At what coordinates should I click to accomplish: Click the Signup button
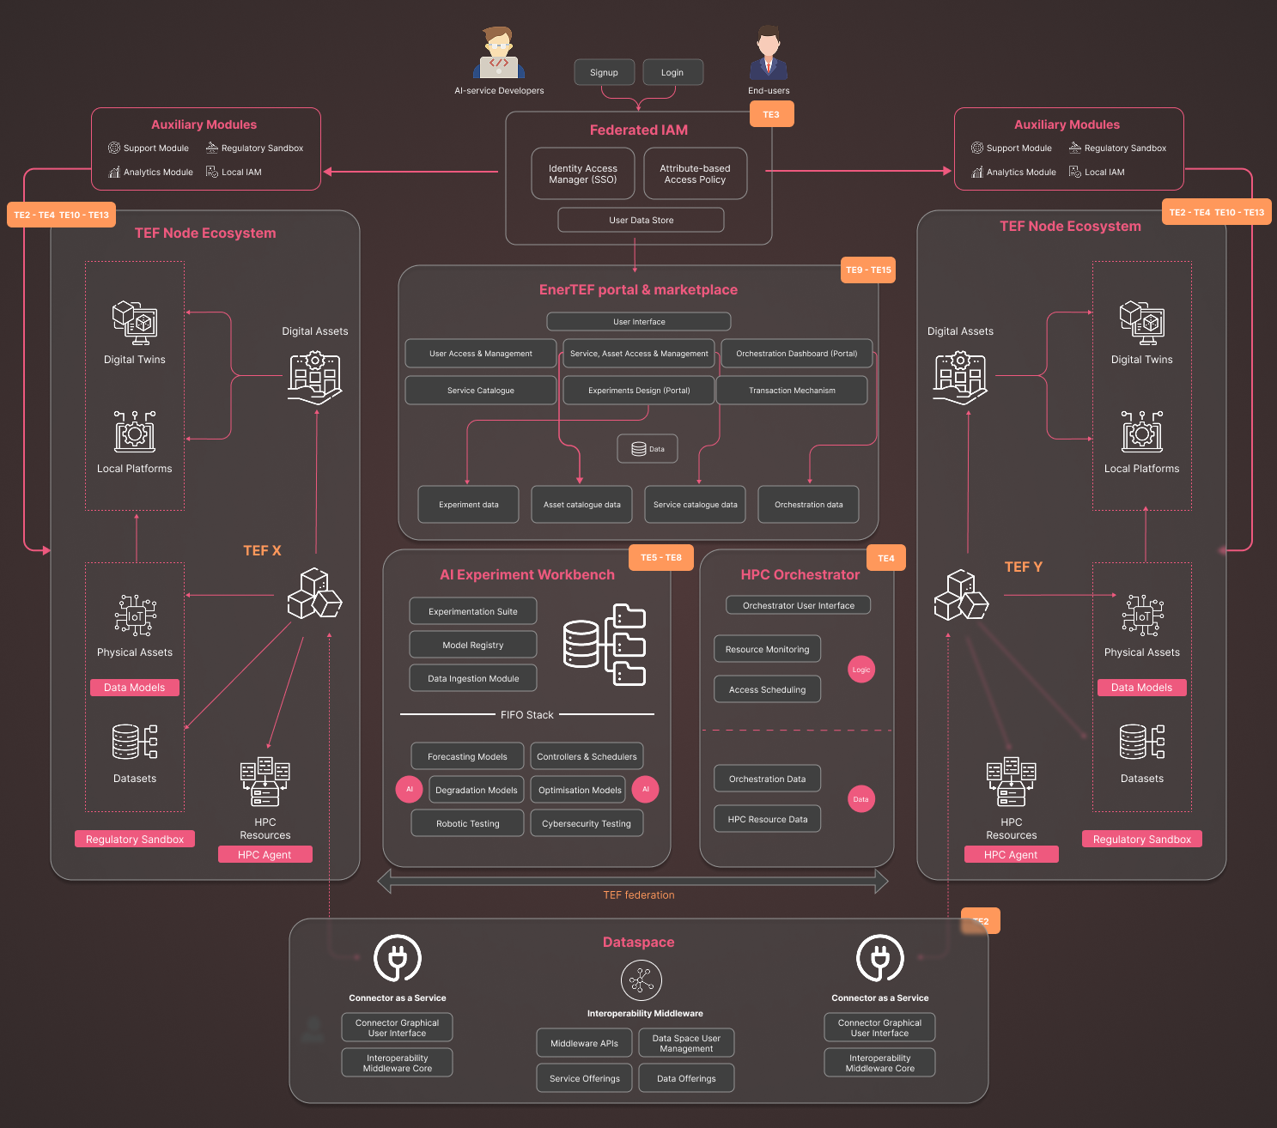(604, 72)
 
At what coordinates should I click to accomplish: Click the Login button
(672, 72)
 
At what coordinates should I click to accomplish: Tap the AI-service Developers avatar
(499, 52)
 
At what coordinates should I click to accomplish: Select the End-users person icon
(769, 52)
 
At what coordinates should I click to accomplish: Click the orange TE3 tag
(771, 115)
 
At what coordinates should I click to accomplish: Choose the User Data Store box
(641, 220)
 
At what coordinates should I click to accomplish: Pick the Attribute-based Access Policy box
(696, 174)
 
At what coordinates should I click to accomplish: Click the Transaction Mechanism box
(793, 391)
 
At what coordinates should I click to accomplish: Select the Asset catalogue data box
(581, 505)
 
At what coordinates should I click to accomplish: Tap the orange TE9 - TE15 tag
(868, 270)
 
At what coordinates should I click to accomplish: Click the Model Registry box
(472, 645)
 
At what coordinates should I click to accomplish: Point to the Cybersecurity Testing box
(587, 823)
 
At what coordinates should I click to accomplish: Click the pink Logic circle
(861, 670)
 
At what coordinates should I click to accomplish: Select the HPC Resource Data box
(767, 819)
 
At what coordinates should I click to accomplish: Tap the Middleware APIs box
(584, 1044)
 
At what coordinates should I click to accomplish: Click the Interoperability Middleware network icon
(641, 980)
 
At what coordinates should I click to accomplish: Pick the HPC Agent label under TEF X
(265, 854)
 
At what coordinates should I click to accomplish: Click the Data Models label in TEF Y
(1141, 688)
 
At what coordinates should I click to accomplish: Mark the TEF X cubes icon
(314, 594)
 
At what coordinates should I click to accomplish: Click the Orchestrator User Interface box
(799, 605)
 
